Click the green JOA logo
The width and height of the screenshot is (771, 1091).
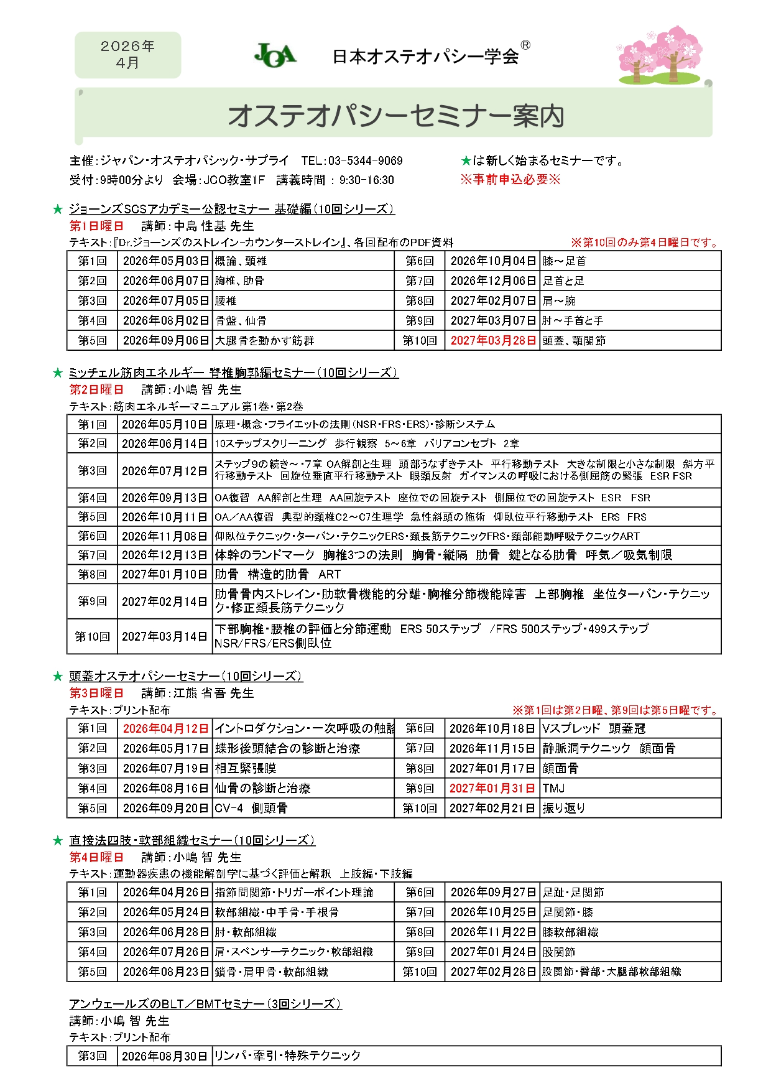(275, 55)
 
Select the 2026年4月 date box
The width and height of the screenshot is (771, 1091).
(127, 55)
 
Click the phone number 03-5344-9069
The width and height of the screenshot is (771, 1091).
(365, 161)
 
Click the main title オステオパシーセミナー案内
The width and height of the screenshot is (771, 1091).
(395, 116)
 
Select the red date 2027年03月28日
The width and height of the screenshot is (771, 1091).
(492, 341)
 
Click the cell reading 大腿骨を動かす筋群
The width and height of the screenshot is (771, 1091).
(265, 341)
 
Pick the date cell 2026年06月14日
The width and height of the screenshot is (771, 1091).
(164, 443)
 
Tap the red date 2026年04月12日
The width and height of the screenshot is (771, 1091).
(165, 728)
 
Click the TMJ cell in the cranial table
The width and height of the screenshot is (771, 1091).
(553, 788)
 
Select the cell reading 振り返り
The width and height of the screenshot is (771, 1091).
(563, 808)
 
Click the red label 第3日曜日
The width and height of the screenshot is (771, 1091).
(96, 693)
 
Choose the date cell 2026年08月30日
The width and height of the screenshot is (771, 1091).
(164, 1056)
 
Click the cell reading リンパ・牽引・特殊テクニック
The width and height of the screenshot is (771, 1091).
(287, 1056)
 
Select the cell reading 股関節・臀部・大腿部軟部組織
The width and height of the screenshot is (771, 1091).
(611, 972)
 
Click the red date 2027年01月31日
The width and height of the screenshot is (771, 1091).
(491, 788)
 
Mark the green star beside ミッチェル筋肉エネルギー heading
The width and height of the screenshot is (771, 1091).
(58, 373)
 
